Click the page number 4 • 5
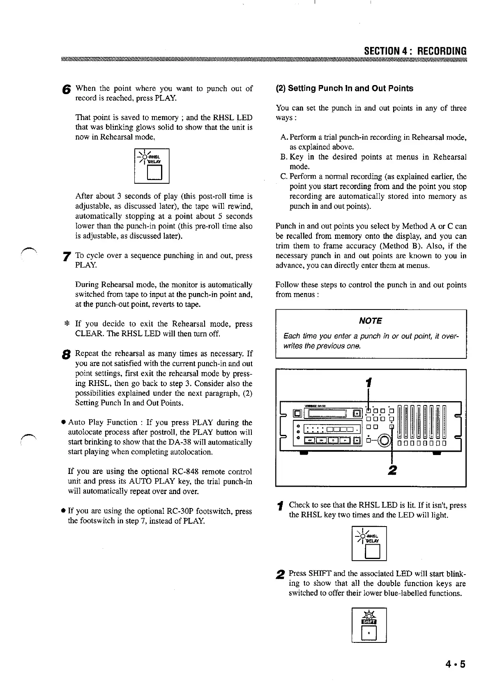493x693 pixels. [x=456, y=665]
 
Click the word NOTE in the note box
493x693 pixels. [x=371, y=321]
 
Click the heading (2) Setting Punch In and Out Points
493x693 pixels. [x=344, y=88]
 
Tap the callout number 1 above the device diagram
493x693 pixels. [x=369, y=383]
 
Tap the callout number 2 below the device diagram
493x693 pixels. [x=392, y=470]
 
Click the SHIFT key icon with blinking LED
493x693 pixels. [x=369, y=624]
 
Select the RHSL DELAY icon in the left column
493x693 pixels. [x=152, y=166]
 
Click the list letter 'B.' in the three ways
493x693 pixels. [x=284, y=157]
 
